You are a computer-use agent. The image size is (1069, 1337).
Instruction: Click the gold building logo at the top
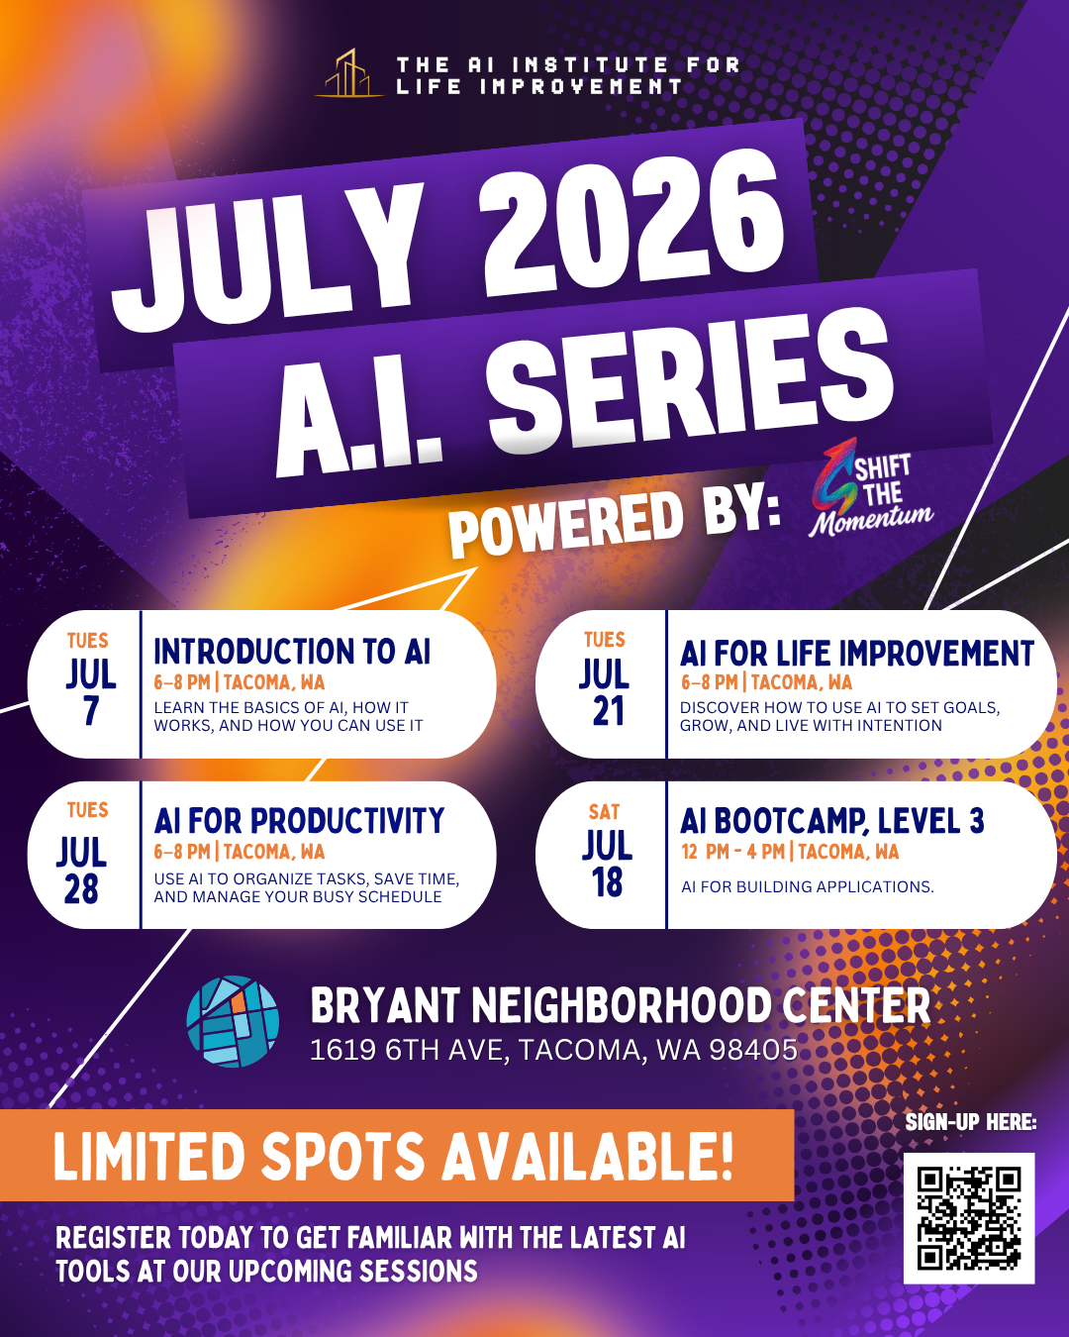coord(348,74)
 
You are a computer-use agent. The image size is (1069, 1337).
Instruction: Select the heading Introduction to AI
coord(292,652)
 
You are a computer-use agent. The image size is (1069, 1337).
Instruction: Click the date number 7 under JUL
coord(91,711)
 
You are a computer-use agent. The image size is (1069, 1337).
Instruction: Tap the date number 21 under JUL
coord(607,711)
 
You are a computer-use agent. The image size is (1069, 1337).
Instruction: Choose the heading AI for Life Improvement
coord(856,654)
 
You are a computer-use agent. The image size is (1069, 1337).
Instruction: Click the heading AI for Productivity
coord(299,821)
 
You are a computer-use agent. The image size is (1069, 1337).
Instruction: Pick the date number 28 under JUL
coord(82,889)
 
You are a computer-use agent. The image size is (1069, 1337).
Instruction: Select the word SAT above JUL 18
coord(604,812)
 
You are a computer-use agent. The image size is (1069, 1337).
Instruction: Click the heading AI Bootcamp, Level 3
coord(831,821)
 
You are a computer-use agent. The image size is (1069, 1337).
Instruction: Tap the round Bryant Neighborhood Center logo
coord(233,1021)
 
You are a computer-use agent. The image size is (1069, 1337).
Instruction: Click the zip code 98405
coord(753,1050)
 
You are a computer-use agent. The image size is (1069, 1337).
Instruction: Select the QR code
coord(968,1218)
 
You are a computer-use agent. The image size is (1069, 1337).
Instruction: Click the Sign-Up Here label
coord(970,1122)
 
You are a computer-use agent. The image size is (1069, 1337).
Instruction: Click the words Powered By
coord(614,520)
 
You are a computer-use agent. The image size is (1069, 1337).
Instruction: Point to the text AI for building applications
coord(807,887)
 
